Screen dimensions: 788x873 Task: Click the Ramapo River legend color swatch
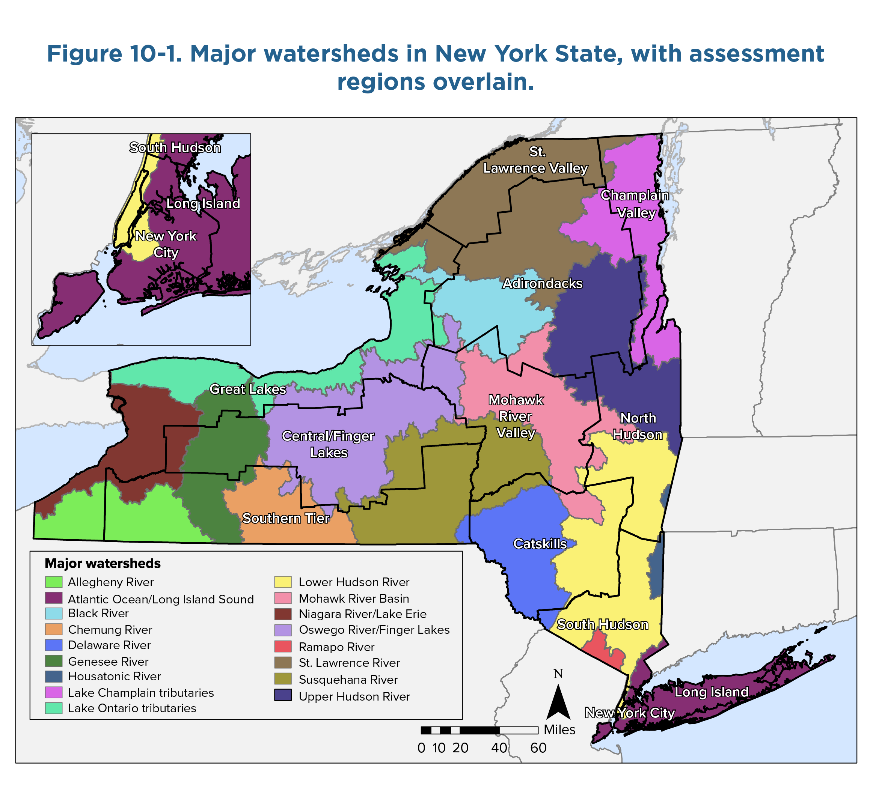(x=283, y=647)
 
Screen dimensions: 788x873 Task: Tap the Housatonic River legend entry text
(x=114, y=676)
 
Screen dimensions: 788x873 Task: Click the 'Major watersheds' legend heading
(x=103, y=563)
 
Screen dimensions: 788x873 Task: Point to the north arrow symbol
(x=559, y=701)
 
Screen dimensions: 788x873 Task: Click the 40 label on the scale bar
(x=499, y=748)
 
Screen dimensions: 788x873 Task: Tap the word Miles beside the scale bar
(x=559, y=729)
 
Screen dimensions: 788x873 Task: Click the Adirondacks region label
(x=542, y=283)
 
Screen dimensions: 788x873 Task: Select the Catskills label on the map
(x=540, y=543)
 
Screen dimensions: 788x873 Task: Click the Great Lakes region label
(x=248, y=389)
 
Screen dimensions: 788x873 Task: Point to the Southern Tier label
(x=286, y=518)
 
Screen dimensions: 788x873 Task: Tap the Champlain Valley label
(x=635, y=204)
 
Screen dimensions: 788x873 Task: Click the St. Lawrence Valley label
(x=536, y=160)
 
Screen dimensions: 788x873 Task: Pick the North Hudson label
(x=638, y=426)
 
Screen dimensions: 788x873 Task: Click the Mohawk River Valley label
(x=516, y=416)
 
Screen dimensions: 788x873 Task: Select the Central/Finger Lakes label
(x=328, y=444)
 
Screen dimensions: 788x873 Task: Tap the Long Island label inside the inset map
(x=203, y=203)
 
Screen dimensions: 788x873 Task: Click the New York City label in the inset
(x=166, y=244)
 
